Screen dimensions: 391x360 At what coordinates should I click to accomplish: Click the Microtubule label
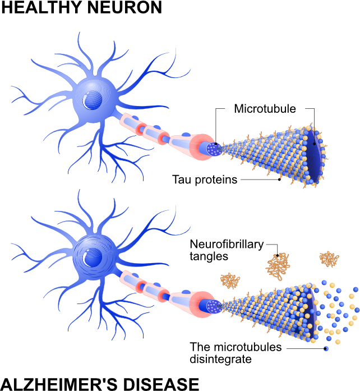click(x=265, y=109)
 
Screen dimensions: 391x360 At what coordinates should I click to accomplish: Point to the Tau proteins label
click(x=205, y=180)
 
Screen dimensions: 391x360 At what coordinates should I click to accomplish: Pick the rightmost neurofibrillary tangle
click(x=329, y=259)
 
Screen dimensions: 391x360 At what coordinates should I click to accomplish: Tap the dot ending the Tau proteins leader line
click(x=279, y=180)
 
